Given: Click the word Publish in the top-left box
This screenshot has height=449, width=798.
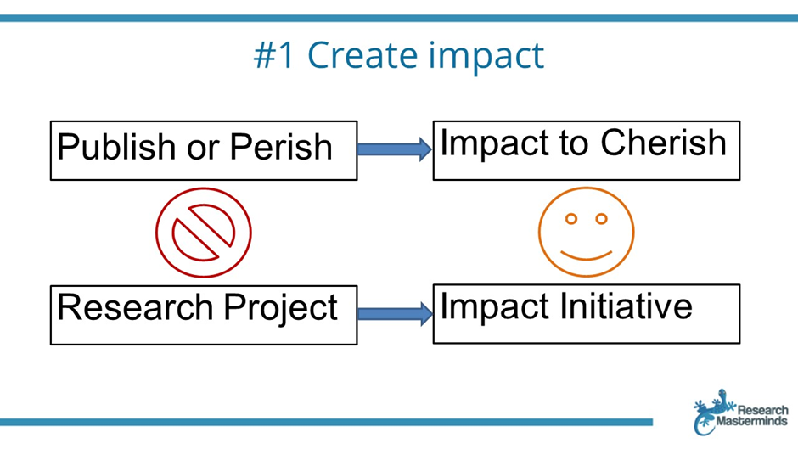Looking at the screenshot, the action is click(116, 147).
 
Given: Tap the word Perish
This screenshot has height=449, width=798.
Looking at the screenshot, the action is click(281, 147).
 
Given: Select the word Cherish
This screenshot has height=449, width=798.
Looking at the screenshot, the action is click(663, 142).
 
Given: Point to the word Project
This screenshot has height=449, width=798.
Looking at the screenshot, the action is click(280, 308).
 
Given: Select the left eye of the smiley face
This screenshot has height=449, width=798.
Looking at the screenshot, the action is click(571, 219).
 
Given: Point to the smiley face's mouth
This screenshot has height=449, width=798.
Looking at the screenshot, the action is click(587, 256).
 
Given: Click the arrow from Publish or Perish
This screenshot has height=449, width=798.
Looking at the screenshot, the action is click(395, 149).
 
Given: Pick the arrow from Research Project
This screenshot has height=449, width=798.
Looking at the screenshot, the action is click(395, 313).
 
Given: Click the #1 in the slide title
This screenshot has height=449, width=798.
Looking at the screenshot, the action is click(274, 55).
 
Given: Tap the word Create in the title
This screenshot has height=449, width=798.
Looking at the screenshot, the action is click(362, 55).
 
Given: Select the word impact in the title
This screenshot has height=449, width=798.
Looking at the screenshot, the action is click(486, 56).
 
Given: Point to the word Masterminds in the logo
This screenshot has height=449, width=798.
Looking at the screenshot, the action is click(751, 421).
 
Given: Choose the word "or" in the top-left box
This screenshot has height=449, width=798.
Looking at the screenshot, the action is click(203, 149).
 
